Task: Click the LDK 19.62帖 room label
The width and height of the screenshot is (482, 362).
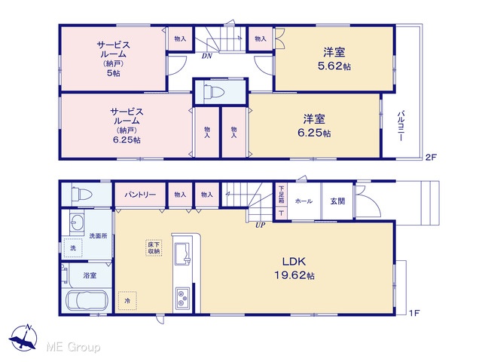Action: pos(294,268)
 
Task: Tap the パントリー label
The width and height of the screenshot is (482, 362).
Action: pos(140,195)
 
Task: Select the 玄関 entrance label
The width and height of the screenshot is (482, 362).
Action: pos(337,201)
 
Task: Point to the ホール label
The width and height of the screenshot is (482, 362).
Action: pos(304,201)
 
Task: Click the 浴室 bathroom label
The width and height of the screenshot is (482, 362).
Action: pos(90,275)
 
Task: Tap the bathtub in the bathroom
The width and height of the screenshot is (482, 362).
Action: pos(87,300)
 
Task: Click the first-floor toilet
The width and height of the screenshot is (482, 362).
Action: pos(81,195)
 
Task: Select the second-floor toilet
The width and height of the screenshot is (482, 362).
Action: pos(214,92)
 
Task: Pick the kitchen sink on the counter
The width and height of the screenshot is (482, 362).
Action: pos(183,253)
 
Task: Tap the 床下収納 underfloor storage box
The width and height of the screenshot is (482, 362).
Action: pos(154,248)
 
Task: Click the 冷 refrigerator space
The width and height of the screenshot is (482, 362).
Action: pos(127,301)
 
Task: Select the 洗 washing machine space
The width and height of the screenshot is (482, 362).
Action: pos(73,248)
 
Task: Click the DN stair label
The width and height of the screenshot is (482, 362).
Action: pos(207,57)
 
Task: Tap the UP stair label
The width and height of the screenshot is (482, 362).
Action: pos(260,225)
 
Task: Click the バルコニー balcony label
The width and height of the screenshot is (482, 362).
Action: pos(401,126)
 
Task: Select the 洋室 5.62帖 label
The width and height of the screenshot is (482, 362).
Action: pos(334,59)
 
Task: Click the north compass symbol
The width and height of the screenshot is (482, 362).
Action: pos(23,338)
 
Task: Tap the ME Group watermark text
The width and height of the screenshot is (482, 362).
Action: pos(73,347)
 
